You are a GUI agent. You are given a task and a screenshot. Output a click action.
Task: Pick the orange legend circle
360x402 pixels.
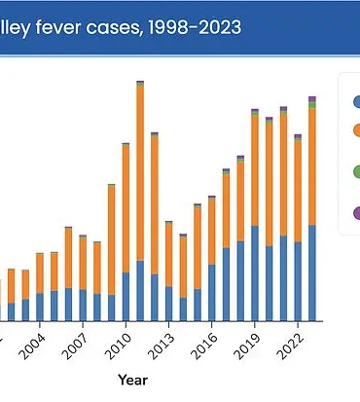(x=356, y=130)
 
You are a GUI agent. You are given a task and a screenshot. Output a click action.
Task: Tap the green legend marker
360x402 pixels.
(x=356, y=172)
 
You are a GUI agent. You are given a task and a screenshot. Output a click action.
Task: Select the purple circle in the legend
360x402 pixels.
(x=356, y=211)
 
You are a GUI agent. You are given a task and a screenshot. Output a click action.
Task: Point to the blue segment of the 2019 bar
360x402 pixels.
(x=255, y=274)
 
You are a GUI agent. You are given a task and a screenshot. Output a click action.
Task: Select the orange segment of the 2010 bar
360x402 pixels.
(x=126, y=208)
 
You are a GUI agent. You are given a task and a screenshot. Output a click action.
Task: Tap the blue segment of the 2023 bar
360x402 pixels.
(x=312, y=273)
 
